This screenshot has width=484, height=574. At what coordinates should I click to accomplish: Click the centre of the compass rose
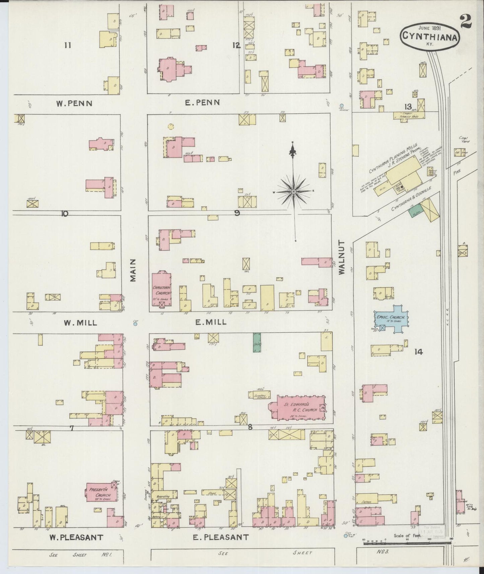click(293, 191)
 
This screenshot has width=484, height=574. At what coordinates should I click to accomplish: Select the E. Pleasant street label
click(221, 537)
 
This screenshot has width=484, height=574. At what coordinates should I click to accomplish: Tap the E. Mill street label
click(211, 322)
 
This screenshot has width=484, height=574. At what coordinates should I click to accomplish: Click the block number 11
click(68, 45)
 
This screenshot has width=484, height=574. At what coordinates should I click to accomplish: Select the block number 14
click(418, 352)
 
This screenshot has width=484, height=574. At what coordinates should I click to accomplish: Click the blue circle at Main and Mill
click(135, 324)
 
